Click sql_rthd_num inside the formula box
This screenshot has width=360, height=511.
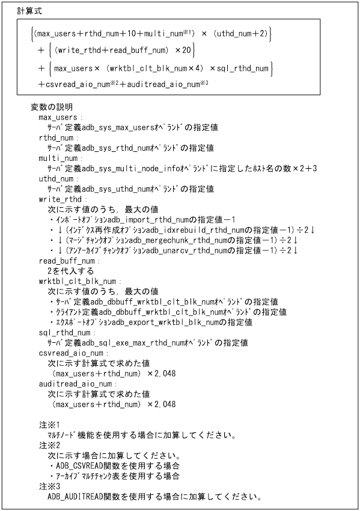pos(237,70)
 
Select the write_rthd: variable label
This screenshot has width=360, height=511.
pos(62,199)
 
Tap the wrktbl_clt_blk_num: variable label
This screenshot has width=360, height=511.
pos(78,281)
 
